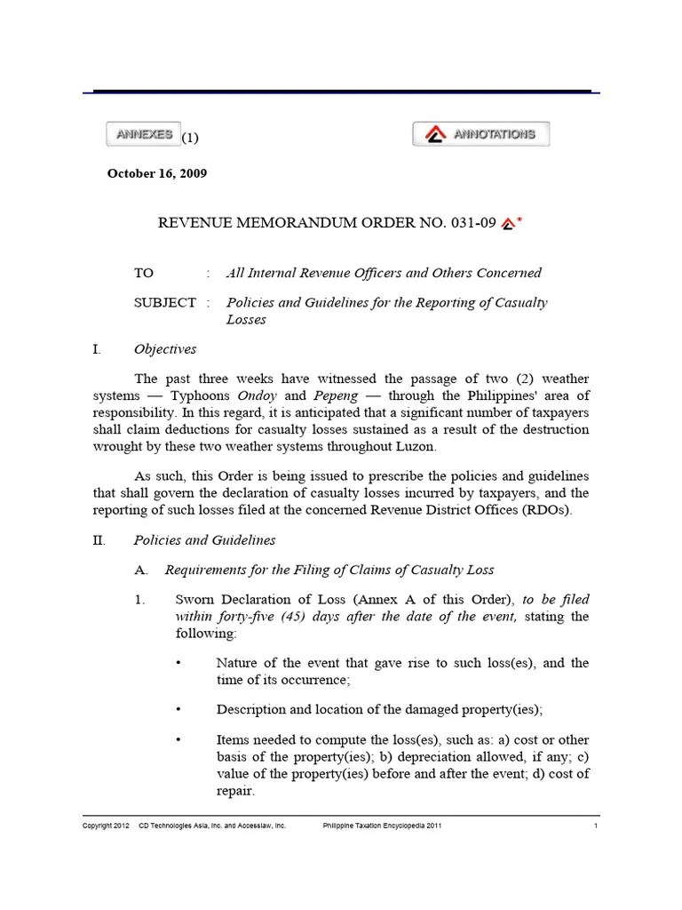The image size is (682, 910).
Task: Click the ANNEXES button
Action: pyautogui.click(x=143, y=134)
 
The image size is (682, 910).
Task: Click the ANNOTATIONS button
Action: pyautogui.click(x=480, y=134)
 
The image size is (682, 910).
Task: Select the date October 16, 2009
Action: pyautogui.click(x=157, y=174)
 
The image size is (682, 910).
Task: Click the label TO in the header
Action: pyautogui.click(x=144, y=274)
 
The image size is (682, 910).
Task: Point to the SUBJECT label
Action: pyautogui.click(x=165, y=303)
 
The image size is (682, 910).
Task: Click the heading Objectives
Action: pyautogui.click(x=165, y=349)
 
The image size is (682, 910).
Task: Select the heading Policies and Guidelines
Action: pyautogui.click(x=204, y=540)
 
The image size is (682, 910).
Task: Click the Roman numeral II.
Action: pyautogui.click(x=99, y=540)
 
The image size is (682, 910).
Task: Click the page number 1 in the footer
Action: pyautogui.click(x=596, y=826)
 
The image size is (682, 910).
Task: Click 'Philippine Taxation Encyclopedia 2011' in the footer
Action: pyautogui.click(x=381, y=826)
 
